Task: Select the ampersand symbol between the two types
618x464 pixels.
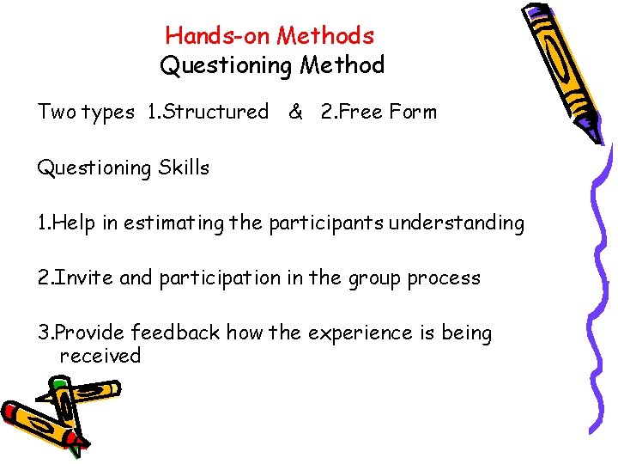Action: pyautogui.click(x=295, y=112)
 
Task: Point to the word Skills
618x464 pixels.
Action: pyautogui.click(x=184, y=168)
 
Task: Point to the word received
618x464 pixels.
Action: pyautogui.click(x=100, y=356)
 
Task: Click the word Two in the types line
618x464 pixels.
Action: pyautogui.click(x=57, y=112)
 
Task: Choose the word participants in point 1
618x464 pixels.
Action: pyautogui.click(x=326, y=223)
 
